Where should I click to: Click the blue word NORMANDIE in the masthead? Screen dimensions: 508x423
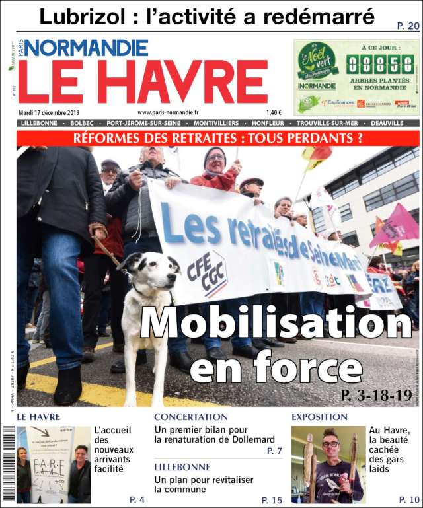87,48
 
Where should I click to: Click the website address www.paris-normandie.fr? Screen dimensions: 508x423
169,112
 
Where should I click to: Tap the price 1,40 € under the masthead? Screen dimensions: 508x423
274,112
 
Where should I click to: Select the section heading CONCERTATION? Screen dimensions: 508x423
191,417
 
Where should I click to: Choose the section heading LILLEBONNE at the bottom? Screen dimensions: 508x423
182,466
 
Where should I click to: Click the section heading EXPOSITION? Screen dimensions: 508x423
319,417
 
